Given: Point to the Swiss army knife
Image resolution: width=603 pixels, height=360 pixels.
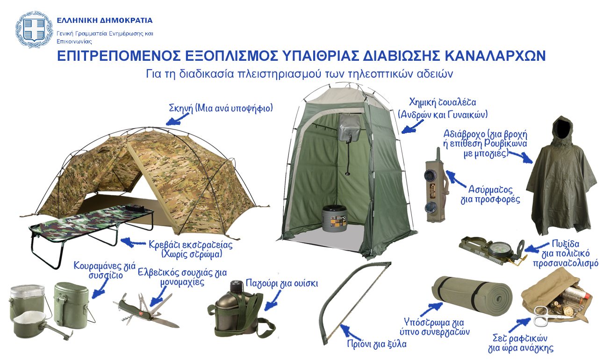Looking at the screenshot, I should click(145, 311).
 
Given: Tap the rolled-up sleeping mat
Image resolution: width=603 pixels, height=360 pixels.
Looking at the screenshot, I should click(472, 297).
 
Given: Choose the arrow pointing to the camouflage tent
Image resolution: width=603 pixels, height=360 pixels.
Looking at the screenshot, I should click(174, 120).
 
